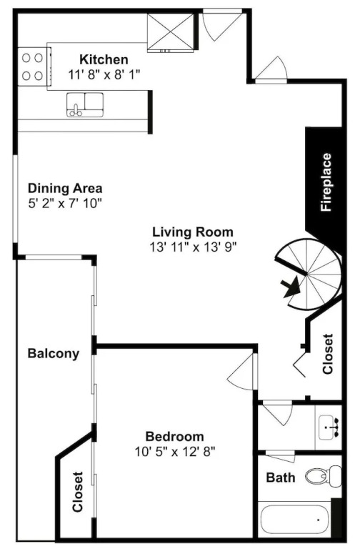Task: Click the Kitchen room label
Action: coord(104,59)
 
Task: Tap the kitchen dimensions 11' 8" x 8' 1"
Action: coord(104,74)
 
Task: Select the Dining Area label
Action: coord(65,189)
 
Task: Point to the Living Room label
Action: coord(193,232)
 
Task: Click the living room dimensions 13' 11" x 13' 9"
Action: coord(194,247)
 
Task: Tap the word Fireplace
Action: coord(326,182)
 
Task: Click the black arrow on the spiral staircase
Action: coord(291,287)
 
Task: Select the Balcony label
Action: coord(54,353)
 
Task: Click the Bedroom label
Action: coord(174,437)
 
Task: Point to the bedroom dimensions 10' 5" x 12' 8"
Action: coord(175,452)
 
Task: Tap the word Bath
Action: coord(281,478)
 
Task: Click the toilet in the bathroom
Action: coord(324,475)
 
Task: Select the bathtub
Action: coord(296,521)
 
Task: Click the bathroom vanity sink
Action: coord(329,427)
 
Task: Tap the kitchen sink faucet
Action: coord(75,111)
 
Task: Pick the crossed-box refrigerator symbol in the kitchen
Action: coord(171,32)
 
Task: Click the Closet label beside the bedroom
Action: coord(78,492)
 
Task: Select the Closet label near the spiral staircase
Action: coord(327,354)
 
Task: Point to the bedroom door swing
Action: coord(240,371)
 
